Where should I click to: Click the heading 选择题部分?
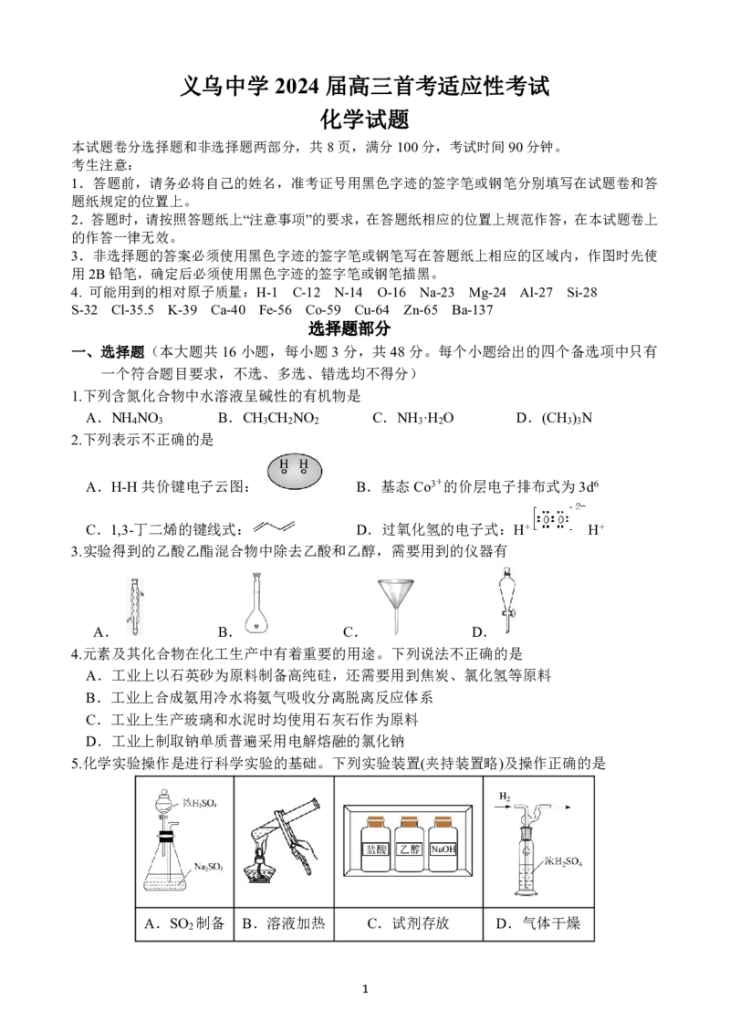pyautogui.click(x=346, y=329)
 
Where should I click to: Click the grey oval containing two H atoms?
pyautogui.click(x=295, y=470)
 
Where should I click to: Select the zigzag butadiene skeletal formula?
pyautogui.click(x=274, y=529)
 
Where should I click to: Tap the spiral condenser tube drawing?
pyautogui.click(x=135, y=609)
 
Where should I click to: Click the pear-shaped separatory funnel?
pyautogui.click(x=506, y=602)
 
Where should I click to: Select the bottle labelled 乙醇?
pyautogui.click(x=408, y=847)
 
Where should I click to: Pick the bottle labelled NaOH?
pyautogui.click(x=442, y=847)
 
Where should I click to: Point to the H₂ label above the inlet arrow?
pyautogui.click(x=504, y=797)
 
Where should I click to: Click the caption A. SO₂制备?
pyautogui.click(x=182, y=923)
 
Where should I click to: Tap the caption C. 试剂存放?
pyautogui.click(x=408, y=923)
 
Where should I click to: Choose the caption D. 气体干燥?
pyautogui.click(x=537, y=923)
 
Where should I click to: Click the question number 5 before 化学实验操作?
pyautogui.click(x=74, y=764)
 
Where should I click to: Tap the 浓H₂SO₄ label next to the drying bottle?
pyautogui.click(x=563, y=860)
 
